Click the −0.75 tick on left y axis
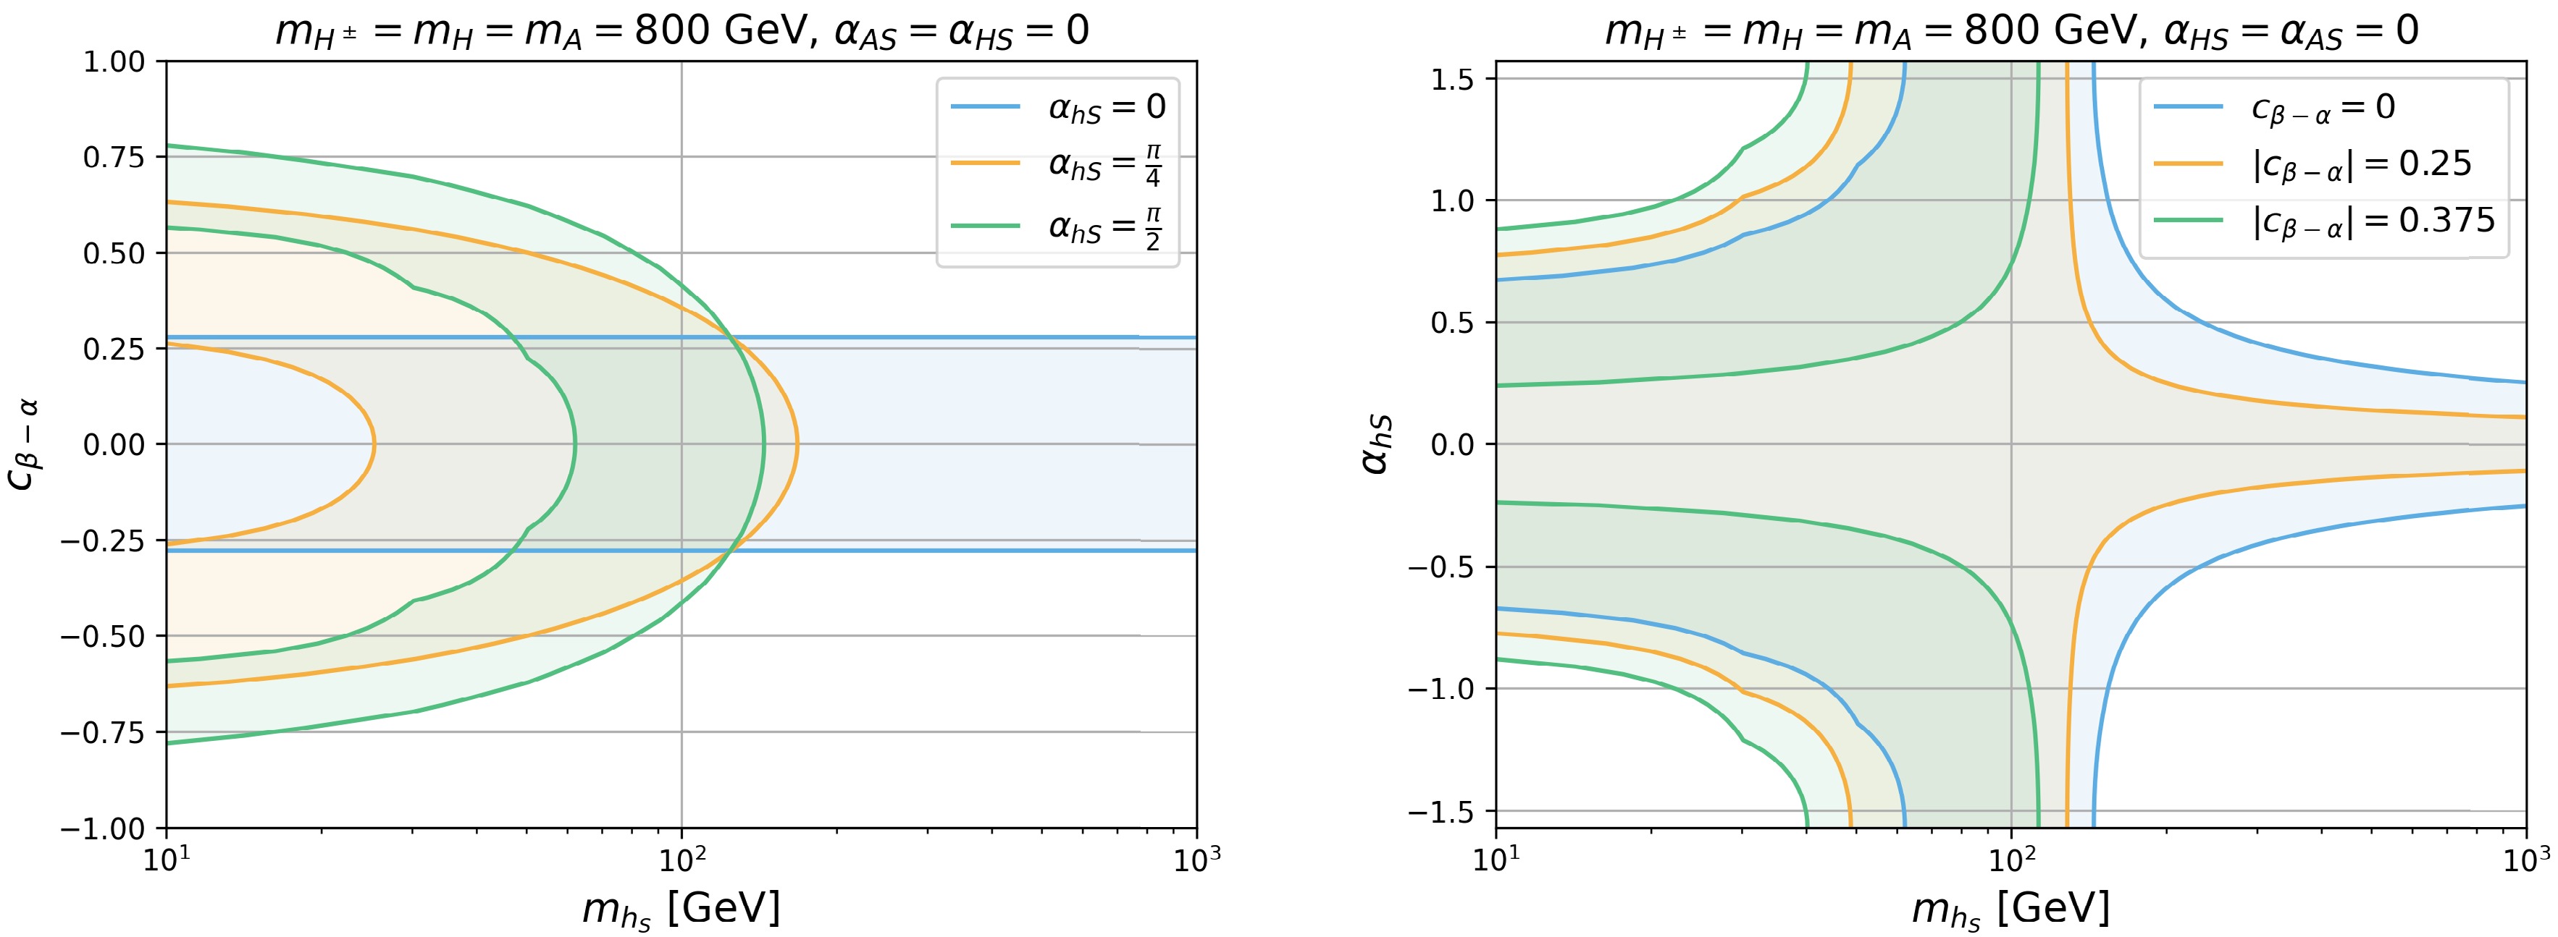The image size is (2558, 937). [x=104, y=732]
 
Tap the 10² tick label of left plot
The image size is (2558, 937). [x=682, y=860]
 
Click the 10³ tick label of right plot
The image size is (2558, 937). [x=2525, y=860]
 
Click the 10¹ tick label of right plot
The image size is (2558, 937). [x=1496, y=860]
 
